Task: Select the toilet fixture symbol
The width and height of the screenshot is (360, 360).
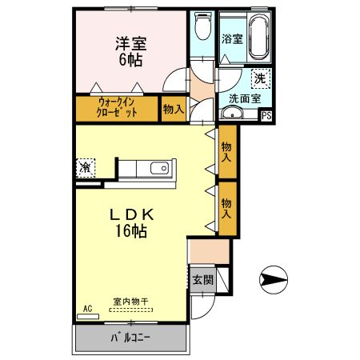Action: (x=202, y=29)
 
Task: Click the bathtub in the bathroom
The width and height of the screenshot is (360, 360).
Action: (x=258, y=37)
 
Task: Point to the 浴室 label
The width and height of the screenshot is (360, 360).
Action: (x=232, y=38)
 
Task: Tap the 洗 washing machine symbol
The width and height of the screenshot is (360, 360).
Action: (x=259, y=78)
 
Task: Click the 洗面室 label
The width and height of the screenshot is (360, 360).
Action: (x=244, y=99)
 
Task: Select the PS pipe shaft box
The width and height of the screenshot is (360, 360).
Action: (x=267, y=115)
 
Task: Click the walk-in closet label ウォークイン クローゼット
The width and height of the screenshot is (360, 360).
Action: (x=118, y=108)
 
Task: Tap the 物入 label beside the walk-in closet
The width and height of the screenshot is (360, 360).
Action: (x=172, y=108)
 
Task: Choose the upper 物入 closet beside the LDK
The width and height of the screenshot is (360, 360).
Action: (x=227, y=152)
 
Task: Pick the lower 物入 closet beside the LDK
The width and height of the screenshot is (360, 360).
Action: (x=227, y=209)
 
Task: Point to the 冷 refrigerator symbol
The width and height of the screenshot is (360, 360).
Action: (x=85, y=168)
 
